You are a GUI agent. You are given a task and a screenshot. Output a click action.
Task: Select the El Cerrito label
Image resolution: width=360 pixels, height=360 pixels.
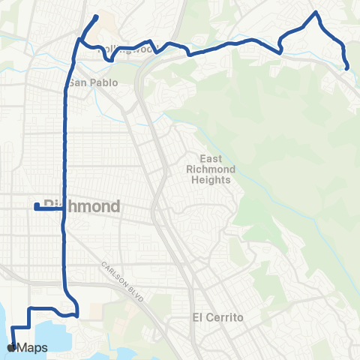(x=218, y=317)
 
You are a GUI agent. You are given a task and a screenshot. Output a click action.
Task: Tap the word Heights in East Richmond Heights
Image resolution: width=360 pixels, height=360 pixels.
(x=217, y=180)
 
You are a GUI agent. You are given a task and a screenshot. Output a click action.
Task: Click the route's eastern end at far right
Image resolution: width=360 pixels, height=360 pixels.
(x=348, y=67)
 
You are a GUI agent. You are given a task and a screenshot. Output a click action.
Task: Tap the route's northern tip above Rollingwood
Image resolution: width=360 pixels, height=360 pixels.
(x=97, y=16)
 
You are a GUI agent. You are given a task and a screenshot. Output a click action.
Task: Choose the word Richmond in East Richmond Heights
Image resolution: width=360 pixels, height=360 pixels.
(x=217, y=169)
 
